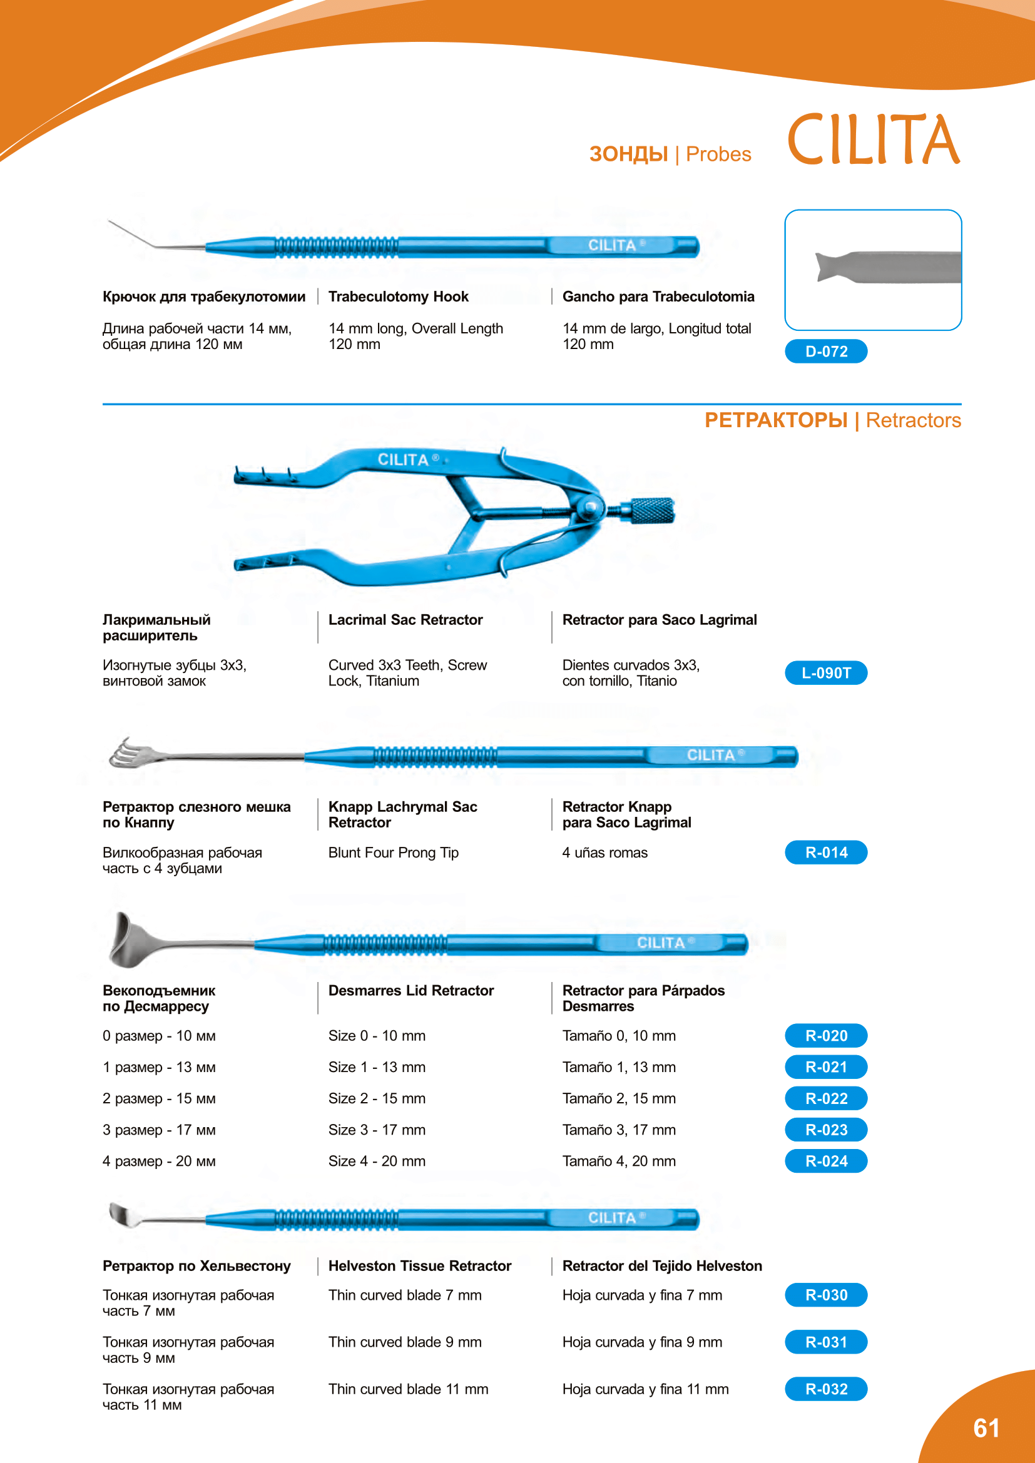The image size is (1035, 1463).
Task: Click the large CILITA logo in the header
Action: (x=873, y=139)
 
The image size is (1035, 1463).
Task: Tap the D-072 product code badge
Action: (x=826, y=351)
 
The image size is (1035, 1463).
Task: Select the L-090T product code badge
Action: (x=826, y=673)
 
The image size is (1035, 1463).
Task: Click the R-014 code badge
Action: (x=826, y=853)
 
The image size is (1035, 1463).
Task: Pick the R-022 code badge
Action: (x=826, y=1098)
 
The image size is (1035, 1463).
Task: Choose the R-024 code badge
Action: (x=826, y=1161)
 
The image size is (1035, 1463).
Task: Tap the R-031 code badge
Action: (x=826, y=1342)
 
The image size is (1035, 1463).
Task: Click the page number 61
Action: (x=986, y=1428)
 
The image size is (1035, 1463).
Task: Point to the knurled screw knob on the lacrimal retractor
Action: (x=652, y=510)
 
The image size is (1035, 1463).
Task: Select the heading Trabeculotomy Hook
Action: (x=399, y=296)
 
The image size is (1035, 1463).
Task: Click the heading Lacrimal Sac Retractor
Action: (x=405, y=620)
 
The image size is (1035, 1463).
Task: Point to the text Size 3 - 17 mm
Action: (x=377, y=1130)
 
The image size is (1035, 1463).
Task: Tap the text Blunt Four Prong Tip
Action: (x=393, y=853)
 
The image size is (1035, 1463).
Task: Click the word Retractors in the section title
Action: (x=912, y=420)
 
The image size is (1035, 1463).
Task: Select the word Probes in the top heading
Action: (x=718, y=154)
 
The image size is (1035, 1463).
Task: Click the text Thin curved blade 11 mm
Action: (x=408, y=1389)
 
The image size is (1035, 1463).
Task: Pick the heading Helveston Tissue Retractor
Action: (x=419, y=1266)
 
